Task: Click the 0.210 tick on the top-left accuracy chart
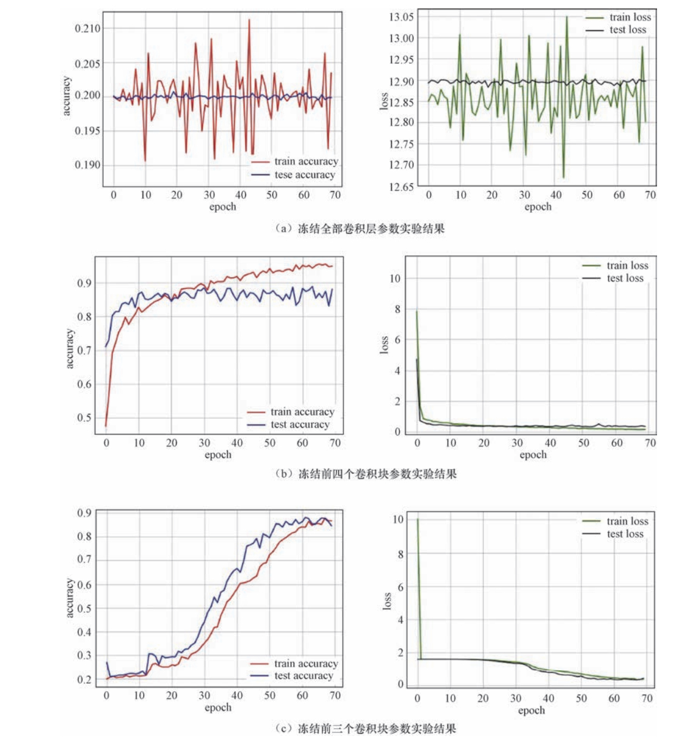click(88, 29)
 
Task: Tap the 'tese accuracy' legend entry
click(305, 175)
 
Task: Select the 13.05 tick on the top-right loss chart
click(402, 16)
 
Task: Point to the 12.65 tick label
click(402, 186)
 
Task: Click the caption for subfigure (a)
click(359, 229)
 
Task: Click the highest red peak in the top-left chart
click(249, 19)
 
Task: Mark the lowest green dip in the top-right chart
click(563, 177)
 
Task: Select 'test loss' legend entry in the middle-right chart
click(625, 278)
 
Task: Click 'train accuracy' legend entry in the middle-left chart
click(302, 412)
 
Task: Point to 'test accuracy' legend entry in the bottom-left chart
click(303, 676)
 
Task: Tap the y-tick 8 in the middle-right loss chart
click(397, 309)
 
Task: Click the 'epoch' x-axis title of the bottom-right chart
click(531, 710)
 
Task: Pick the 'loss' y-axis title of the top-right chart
click(384, 101)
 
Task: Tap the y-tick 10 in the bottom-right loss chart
click(397, 519)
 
